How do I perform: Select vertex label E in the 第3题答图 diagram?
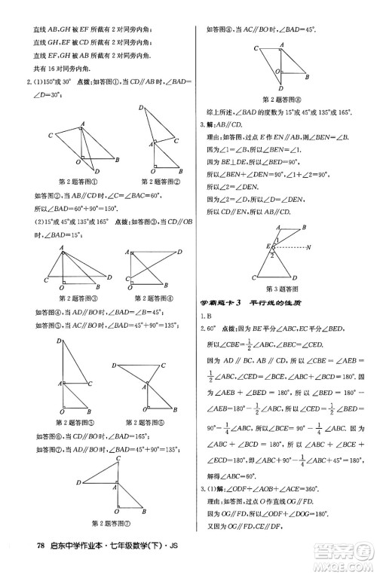(x=259, y=246)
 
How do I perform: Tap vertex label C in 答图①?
(x=49, y=136)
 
